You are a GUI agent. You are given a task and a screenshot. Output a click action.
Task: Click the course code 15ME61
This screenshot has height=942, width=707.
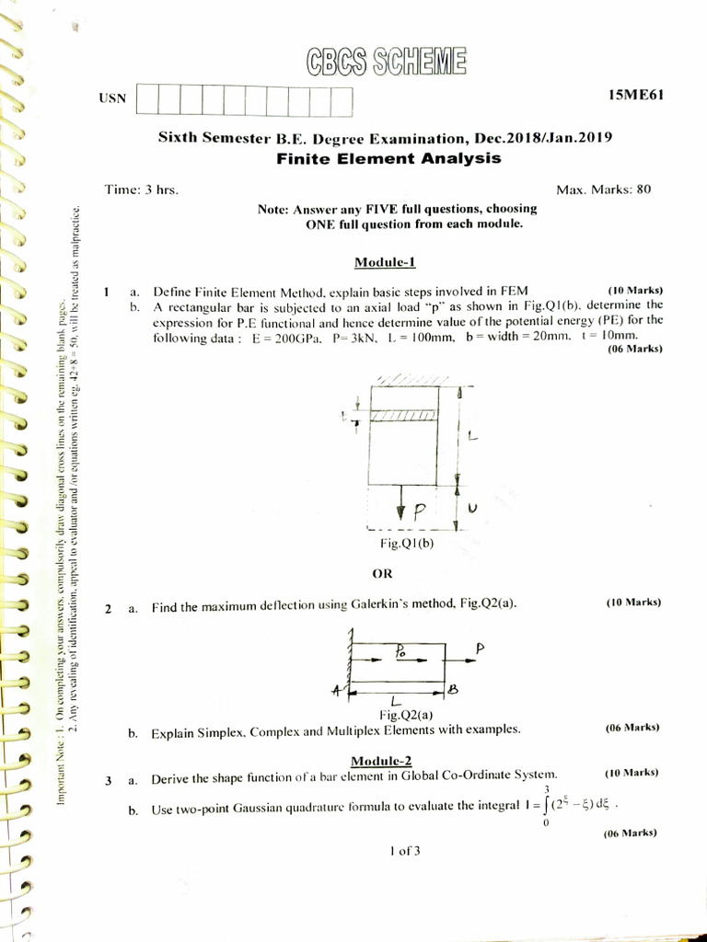click(636, 95)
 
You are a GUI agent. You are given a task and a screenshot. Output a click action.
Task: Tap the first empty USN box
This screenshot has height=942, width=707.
click(147, 99)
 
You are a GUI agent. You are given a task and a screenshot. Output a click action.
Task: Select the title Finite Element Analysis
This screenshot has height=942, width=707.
click(388, 158)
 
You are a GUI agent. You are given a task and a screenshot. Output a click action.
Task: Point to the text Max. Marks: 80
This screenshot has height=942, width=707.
click(604, 190)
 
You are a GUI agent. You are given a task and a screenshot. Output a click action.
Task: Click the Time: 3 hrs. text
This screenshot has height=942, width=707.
click(141, 190)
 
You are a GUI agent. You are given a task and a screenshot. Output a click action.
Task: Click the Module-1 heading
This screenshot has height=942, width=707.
click(386, 262)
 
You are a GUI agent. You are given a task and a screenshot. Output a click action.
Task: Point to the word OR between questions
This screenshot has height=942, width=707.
click(382, 573)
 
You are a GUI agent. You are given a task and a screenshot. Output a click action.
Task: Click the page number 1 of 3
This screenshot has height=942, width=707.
click(404, 851)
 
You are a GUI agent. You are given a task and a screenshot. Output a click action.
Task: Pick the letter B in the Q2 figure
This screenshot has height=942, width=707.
click(452, 689)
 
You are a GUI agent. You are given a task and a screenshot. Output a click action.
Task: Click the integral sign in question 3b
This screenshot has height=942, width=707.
click(547, 807)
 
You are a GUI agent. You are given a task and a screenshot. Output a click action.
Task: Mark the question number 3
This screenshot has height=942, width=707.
click(108, 781)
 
